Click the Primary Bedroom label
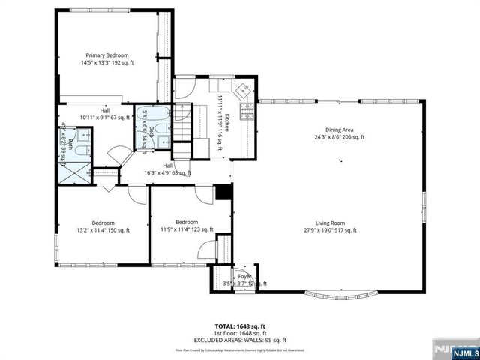pos(107,55)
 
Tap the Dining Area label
pos(340,129)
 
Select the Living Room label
pos(340,223)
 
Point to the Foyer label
pos(244,277)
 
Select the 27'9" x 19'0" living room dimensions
pos(340,231)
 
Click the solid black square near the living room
pos(223,192)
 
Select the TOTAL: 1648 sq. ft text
pos(240,326)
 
